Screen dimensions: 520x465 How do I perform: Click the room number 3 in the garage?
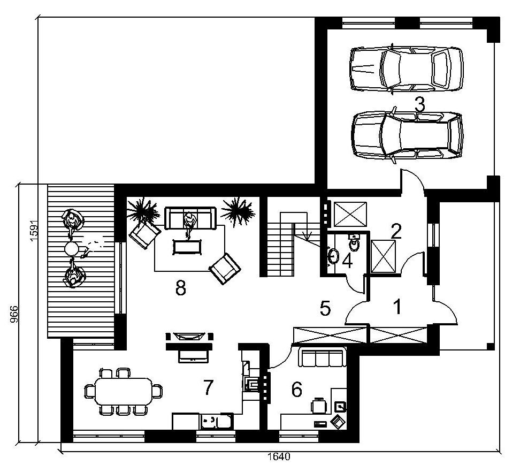pos(419,105)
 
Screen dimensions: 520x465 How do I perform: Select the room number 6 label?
pos(297,390)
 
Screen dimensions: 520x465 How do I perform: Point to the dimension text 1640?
pos(279,457)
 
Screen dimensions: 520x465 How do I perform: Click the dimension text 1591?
pos(34,231)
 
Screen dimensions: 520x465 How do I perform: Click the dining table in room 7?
pos(124,391)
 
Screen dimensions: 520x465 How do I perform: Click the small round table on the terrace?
pos(72,248)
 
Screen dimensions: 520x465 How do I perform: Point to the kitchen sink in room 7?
pos(217,422)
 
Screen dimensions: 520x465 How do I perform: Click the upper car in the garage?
pos(406,68)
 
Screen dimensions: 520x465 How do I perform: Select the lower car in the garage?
pos(407,135)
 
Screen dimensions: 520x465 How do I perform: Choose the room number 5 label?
pos(326,308)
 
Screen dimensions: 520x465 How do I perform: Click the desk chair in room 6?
pos(319,405)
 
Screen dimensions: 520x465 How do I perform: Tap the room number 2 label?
pos(396,232)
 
